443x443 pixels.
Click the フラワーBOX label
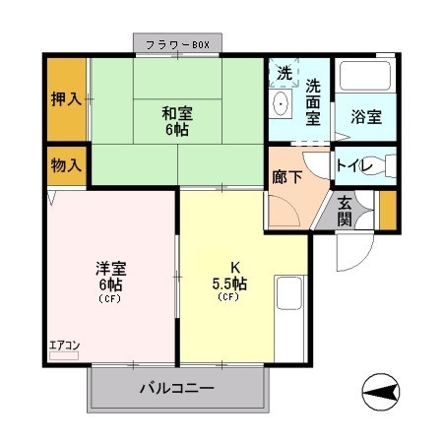click(177, 44)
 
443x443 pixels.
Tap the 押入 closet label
click(66, 98)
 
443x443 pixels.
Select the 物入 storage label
click(66, 165)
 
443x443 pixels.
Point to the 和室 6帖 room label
click(177, 121)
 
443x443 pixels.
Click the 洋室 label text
click(111, 268)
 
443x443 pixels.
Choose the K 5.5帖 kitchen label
click(229, 278)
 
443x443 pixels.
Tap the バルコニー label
click(177, 388)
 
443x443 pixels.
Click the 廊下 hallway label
click(287, 177)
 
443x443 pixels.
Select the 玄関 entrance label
click(345, 211)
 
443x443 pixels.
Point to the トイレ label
click(354, 165)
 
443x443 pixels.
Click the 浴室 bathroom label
click(366, 116)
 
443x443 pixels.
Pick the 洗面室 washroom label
click(313, 102)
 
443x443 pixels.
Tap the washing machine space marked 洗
click(284, 73)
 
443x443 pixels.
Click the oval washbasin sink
click(282, 103)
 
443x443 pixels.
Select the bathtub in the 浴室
click(365, 76)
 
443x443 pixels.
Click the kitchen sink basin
click(289, 293)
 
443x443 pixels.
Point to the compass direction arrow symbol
click(381, 392)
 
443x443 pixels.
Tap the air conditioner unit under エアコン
click(64, 355)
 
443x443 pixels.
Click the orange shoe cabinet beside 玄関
click(388, 211)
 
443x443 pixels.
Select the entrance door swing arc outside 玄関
click(364, 259)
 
